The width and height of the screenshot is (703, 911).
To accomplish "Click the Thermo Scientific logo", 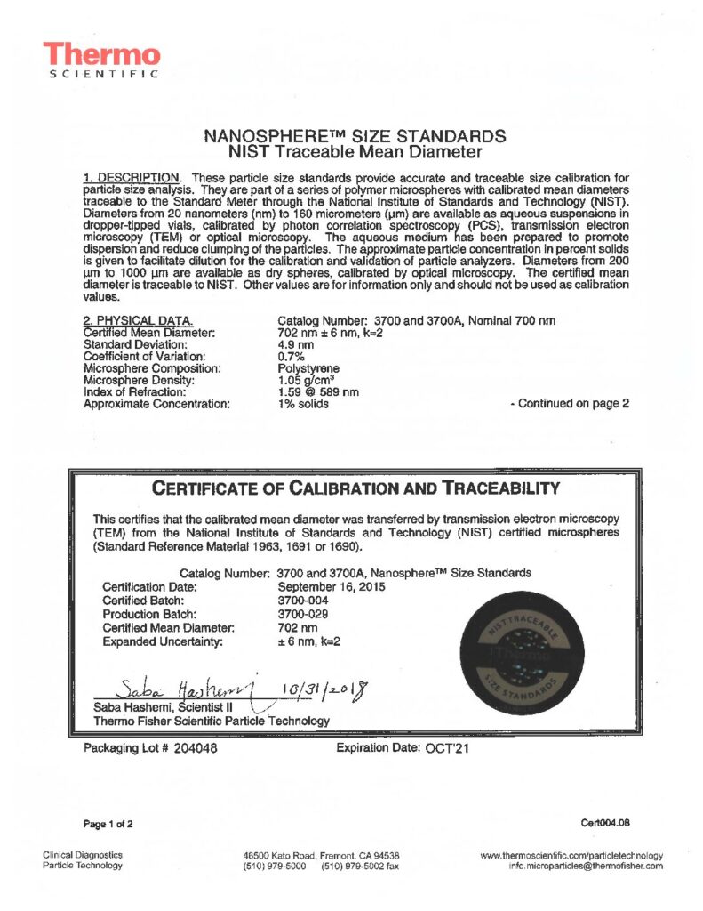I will click(101, 60).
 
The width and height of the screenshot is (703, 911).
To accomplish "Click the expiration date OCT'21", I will click(444, 748).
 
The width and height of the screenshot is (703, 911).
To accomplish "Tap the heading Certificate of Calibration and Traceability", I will click(356, 488).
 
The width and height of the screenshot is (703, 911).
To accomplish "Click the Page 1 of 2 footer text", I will click(108, 823).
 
